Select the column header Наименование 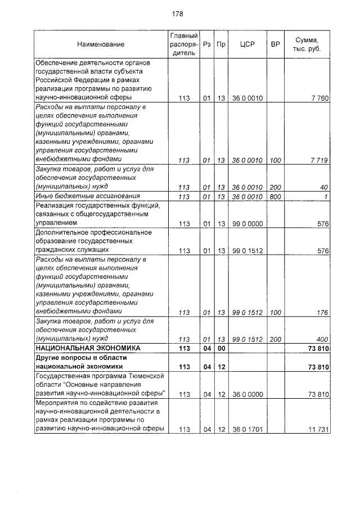click(x=101, y=44)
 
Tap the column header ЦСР click(x=247, y=44)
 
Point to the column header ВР click(x=276, y=44)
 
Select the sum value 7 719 click(x=319, y=160)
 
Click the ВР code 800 click(x=275, y=196)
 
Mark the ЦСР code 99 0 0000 click(x=247, y=224)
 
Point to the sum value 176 click(x=322, y=312)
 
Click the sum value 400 click(x=322, y=340)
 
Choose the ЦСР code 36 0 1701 click(x=247, y=430)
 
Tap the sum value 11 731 click(x=318, y=430)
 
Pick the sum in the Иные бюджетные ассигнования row click(x=326, y=196)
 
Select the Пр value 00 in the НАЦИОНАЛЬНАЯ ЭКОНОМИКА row click(x=221, y=349)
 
